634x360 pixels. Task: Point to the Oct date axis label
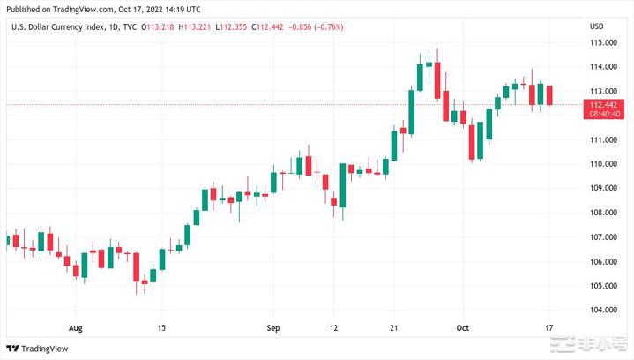tap(461, 328)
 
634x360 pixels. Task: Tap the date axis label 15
tap(161, 328)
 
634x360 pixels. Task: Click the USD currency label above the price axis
tap(597, 27)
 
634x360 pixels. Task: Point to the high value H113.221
tap(195, 27)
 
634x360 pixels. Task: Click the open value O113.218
tap(159, 27)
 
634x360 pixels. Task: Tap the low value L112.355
tap(232, 27)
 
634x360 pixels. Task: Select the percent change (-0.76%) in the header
tap(326, 27)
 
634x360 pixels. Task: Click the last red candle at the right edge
tap(550, 95)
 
